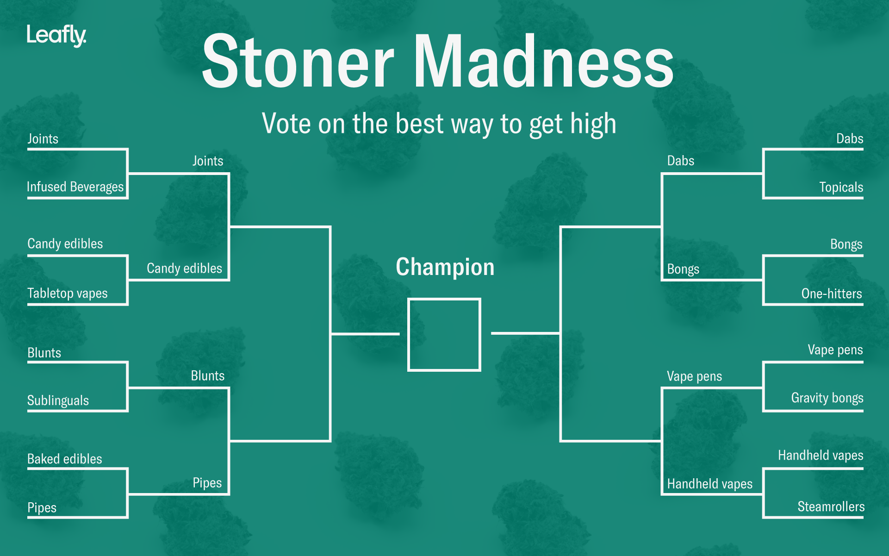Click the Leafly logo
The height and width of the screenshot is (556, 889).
(x=56, y=36)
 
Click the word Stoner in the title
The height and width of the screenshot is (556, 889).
(x=298, y=61)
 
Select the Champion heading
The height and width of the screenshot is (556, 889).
(x=445, y=267)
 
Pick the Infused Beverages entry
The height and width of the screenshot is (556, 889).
(x=75, y=187)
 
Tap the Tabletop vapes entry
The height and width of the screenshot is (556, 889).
(x=67, y=293)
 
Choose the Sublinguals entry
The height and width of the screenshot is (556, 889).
(x=58, y=400)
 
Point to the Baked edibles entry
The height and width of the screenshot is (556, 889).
(x=64, y=459)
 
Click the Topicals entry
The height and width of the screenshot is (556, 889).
(x=841, y=187)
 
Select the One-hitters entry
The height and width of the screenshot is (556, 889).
(x=832, y=294)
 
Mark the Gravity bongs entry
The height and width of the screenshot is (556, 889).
(x=827, y=398)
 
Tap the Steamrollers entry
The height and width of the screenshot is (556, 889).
(x=831, y=506)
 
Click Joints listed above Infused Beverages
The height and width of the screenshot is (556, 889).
(x=43, y=139)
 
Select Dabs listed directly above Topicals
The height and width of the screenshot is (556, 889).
(x=850, y=138)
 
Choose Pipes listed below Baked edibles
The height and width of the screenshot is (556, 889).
(x=42, y=508)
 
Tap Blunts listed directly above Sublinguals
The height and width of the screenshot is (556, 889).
(x=44, y=353)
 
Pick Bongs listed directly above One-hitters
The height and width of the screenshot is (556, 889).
(x=846, y=244)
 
